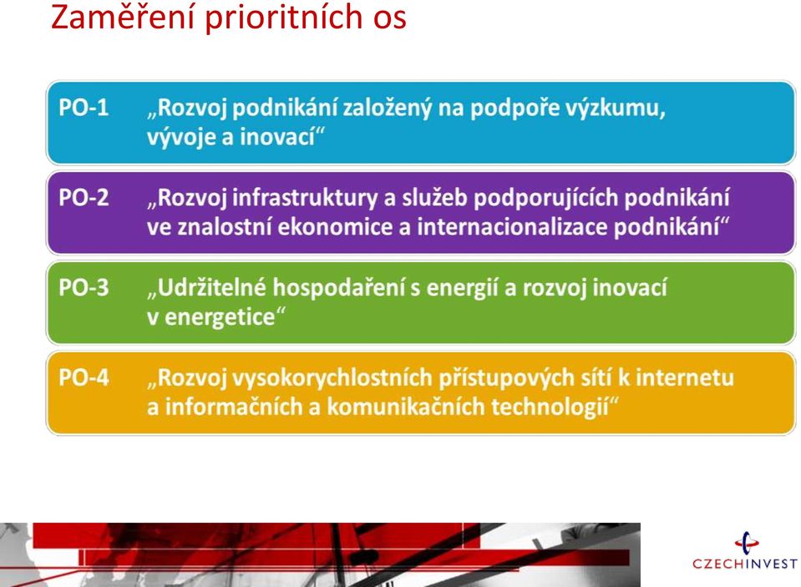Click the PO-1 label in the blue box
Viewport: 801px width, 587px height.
[x=84, y=108]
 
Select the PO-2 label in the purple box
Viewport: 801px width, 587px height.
[x=84, y=198]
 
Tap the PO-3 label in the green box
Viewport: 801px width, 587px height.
[x=84, y=287]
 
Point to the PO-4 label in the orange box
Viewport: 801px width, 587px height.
[x=84, y=377]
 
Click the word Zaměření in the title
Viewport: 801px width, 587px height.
[x=123, y=17]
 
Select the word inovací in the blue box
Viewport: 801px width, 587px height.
[x=276, y=137]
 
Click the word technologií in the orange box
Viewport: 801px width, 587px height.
[x=550, y=407]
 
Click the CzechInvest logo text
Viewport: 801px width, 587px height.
[x=745, y=564]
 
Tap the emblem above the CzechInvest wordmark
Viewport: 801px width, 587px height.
[x=747, y=543]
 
